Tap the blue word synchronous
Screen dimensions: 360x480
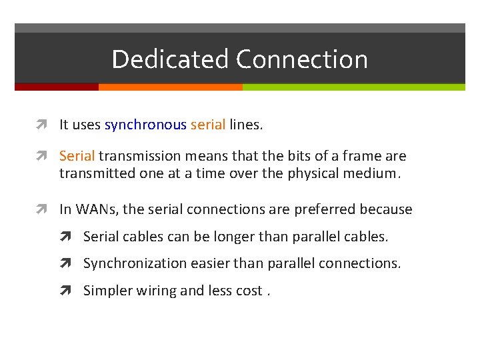point(145,125)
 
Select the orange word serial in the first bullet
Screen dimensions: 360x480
point(208,125)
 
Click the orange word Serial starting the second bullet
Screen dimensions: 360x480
point(77,156)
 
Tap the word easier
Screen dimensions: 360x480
point(206,263)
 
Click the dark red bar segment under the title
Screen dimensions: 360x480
point(56,87)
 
